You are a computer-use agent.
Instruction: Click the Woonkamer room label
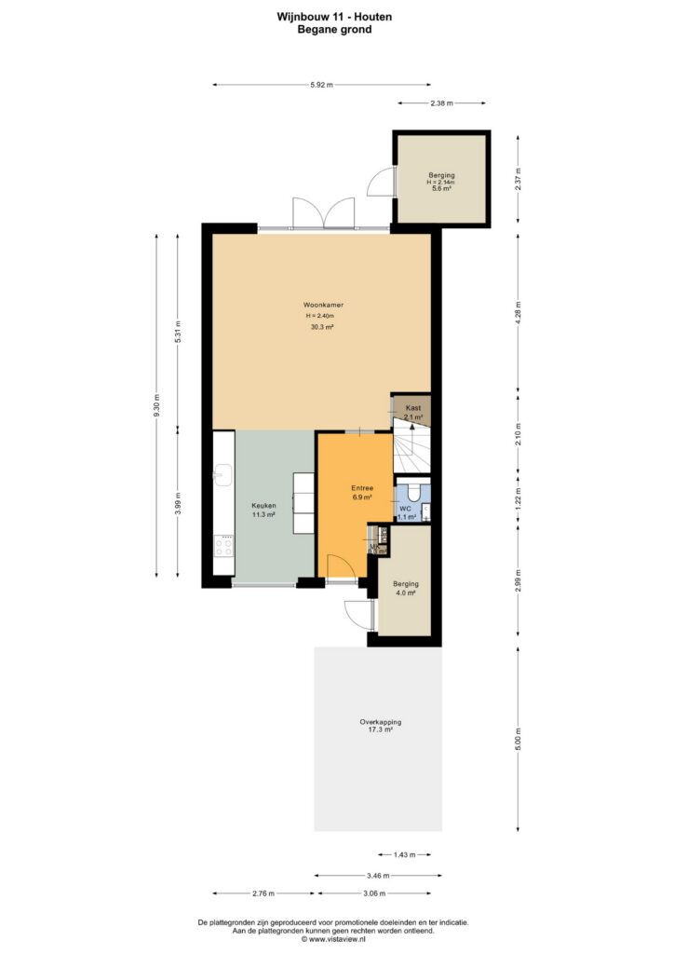[x=323, y=305]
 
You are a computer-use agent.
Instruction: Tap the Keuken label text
[x=263, y=506]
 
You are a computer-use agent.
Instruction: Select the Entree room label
[x=362, y=488]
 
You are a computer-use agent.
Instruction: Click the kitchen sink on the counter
[x=223, y=474]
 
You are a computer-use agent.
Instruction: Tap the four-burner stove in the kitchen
[x=223, y=545]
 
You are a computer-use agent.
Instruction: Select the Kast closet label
[x=413, y=408]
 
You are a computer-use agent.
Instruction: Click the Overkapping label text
[x=381, y=722]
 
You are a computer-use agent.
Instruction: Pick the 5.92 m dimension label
[x=321, y=85]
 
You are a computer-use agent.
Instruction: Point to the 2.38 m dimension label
[x=442, y=103]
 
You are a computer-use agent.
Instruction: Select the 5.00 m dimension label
[x=519, y=739]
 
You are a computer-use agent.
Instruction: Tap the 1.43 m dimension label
[x=404, y=855]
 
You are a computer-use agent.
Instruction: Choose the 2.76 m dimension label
[x=263, y=893]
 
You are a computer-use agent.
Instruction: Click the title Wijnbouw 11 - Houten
[x=334, y=17]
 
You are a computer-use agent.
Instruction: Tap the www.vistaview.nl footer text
[x=334, y=939]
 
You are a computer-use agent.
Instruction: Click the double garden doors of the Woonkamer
[x=323, y=212]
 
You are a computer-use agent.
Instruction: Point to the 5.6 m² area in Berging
[x=441, y=188]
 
